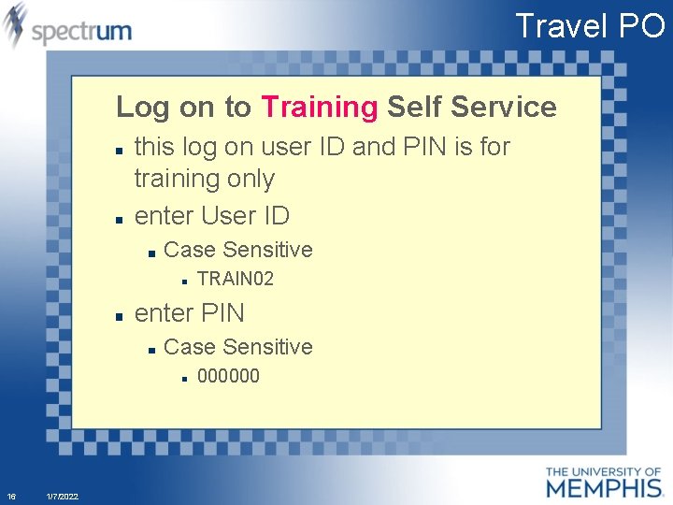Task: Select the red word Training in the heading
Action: pos(320,107)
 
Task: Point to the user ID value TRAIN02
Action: pos(236,279)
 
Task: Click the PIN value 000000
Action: pos(229,376)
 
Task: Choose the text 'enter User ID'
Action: pos(212,215)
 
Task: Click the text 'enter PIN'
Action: pos(190,312)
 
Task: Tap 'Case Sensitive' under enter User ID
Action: pos(237,250)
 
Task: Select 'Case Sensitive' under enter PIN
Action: pos(237,347)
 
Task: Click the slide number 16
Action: pos(11,496)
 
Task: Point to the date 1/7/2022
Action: pos(62,496)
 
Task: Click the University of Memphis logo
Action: pos(603,482)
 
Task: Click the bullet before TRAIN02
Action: pos(185,280)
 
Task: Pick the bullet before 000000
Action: pos(185,378)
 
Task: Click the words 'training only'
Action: pos(205,179)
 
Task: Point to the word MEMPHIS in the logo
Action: pos(603,487)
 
